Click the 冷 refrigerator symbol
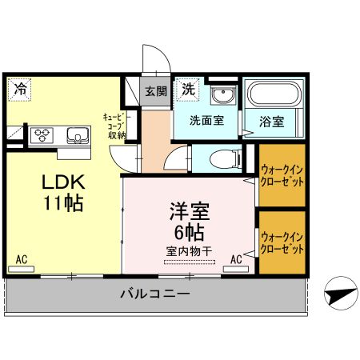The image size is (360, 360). pos(18,89)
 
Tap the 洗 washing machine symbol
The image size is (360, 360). pos(188,89)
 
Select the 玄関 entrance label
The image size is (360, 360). pos(155,90)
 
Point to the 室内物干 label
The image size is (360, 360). pos(190,251)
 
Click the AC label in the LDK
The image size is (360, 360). pos(23,260)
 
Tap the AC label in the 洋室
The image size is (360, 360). pos(238,259)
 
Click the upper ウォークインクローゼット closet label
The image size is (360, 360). pos(282,174)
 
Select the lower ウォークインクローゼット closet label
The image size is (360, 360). pos(282,242)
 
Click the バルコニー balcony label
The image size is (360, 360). pos(156,294)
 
